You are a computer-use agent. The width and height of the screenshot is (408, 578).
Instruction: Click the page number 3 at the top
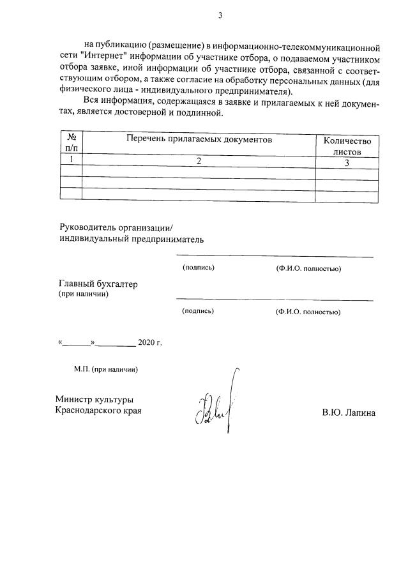pos(220,15)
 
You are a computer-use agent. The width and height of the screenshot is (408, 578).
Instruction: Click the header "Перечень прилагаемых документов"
pos(199,139)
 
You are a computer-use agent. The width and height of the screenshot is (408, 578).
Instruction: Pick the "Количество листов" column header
pos(346,146)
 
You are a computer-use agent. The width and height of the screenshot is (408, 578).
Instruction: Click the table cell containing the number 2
pos(199,162)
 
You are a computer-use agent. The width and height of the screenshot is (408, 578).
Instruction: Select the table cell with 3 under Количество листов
pos(346,164)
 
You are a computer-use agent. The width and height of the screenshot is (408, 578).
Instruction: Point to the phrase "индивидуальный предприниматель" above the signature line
pos(131,240)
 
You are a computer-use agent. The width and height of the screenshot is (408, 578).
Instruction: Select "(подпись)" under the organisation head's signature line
pos(198,268)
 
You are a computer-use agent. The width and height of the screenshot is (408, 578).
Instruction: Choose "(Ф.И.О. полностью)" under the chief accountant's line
pos(308,312)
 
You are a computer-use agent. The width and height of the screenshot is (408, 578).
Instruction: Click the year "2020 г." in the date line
pos(149,343)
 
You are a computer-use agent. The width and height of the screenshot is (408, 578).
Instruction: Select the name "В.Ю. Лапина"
pos(349,413)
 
